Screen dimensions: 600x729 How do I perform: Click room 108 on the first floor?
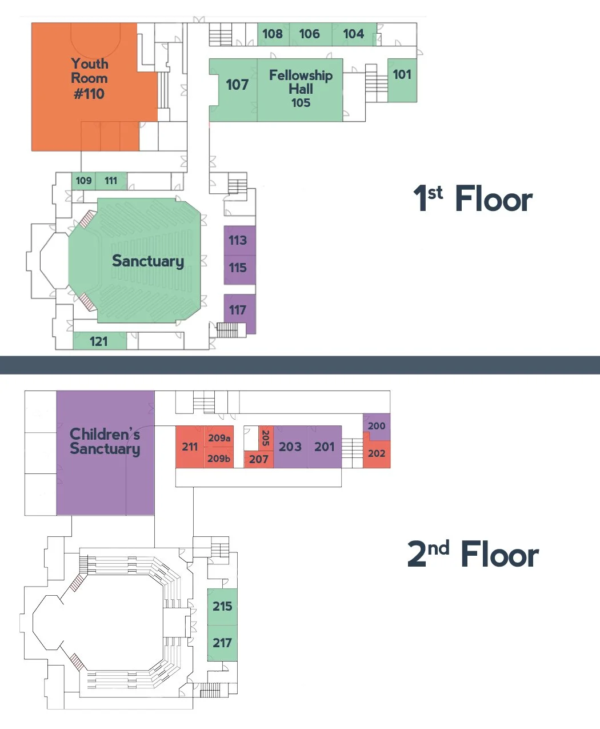point(273,34)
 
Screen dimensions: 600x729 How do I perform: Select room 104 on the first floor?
point(354,34)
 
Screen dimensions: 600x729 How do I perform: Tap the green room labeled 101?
point(402,80)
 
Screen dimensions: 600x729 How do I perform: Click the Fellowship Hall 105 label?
point(301,89)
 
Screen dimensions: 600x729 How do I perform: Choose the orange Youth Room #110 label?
point(89,78)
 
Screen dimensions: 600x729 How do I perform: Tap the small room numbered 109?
point(83,181)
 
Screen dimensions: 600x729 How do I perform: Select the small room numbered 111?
point(111,181)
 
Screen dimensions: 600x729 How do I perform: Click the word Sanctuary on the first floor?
point(148,261)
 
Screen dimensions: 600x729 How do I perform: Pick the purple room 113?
point(239,241)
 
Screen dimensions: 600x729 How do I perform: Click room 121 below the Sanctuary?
point(99,341)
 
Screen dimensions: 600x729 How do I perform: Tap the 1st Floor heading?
point(473,198)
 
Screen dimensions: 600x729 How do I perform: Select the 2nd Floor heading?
point(473,554)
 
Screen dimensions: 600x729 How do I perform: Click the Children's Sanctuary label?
point(105,441)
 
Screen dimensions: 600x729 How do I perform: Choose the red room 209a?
point(219,437)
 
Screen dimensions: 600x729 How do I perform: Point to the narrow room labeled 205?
point(266,438)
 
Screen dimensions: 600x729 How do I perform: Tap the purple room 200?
point(377,426)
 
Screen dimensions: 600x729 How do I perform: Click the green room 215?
point(222,607)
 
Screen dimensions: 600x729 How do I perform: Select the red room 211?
point(190,447)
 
